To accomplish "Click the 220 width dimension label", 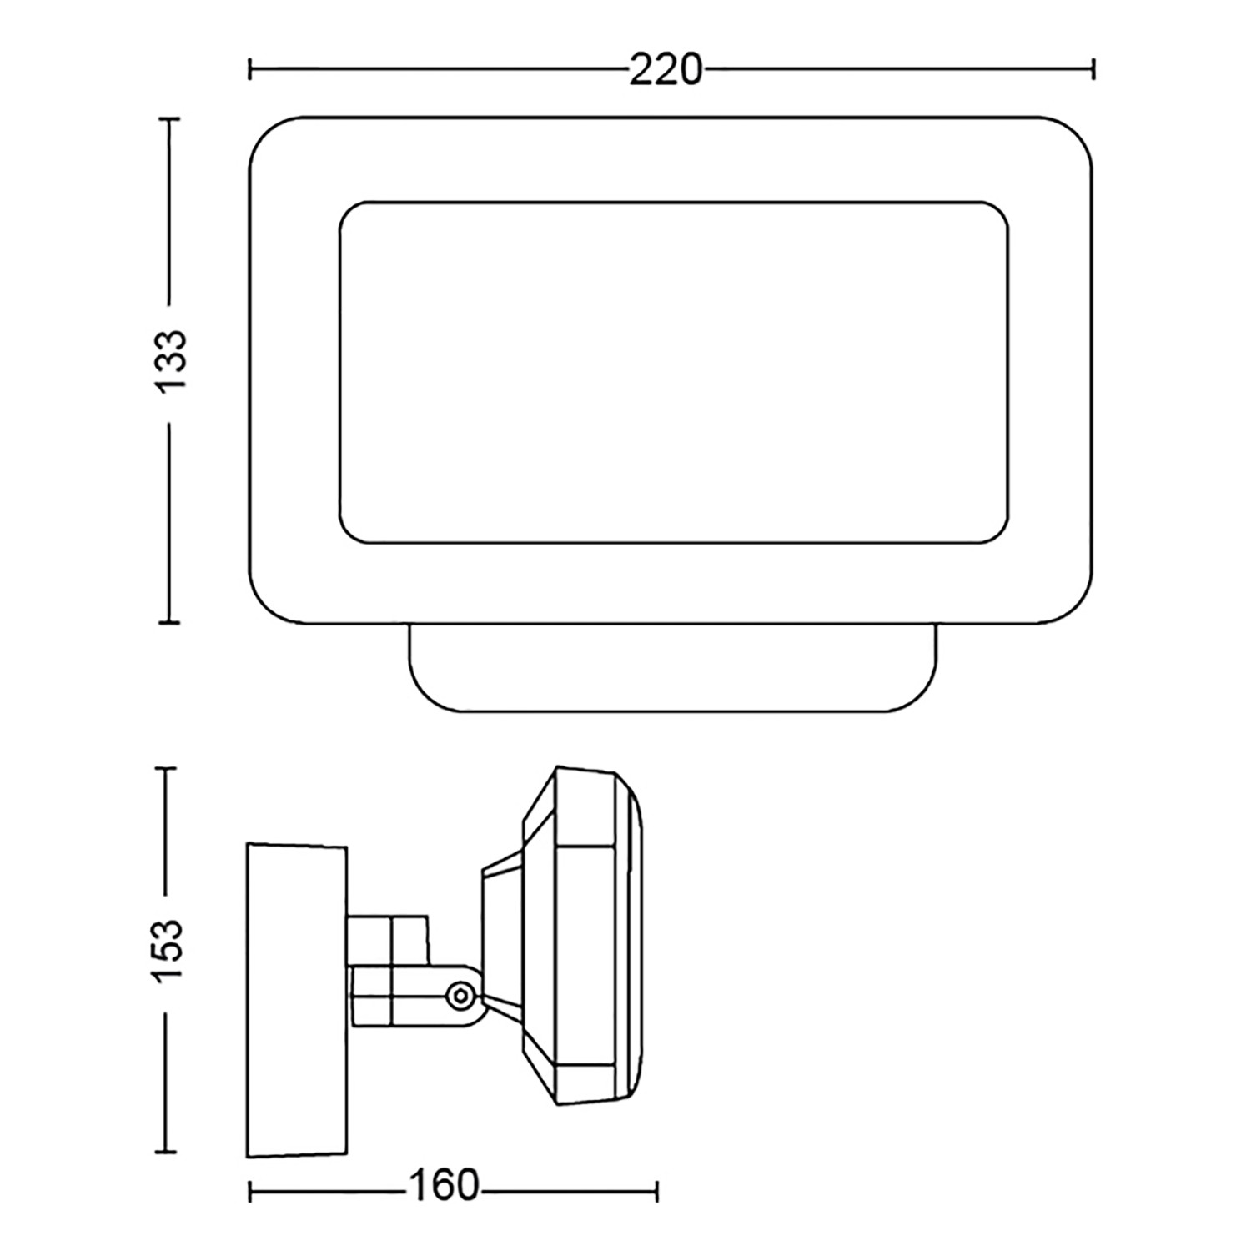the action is coord(666,71).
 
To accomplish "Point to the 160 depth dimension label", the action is coord(444,1186).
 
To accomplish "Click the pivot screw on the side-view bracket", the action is coord(460,994).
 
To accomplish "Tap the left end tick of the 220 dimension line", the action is coord(250,70).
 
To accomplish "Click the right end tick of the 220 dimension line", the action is coord(1093,70).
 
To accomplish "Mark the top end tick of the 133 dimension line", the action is coord(169,120).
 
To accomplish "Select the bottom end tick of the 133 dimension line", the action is coord(169,621).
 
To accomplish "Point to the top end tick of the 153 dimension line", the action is coord(167,770).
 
